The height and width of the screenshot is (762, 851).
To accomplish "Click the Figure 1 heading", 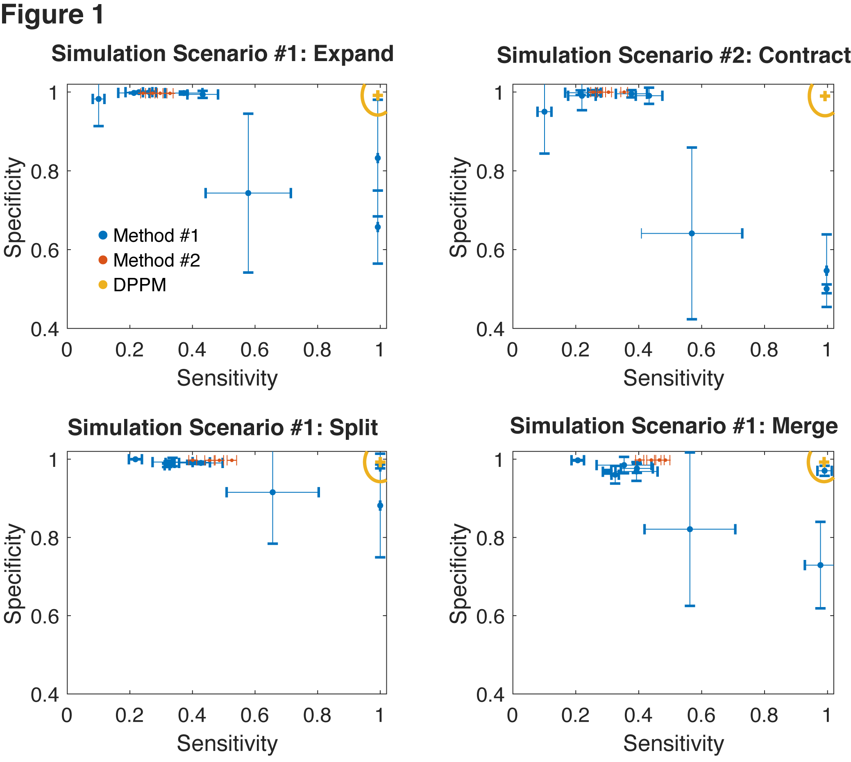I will click(52, 15).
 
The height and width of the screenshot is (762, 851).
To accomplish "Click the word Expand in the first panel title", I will click(353, 54).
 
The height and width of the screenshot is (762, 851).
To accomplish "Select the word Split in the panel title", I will click(353, 428).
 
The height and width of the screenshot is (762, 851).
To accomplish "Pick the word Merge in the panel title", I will click(805, 426).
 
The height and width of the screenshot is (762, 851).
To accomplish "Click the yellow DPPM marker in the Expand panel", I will click(378, 96).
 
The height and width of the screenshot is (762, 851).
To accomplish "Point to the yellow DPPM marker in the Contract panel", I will click(825, 96).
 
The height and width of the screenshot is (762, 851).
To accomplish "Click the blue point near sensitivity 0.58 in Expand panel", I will click(248, 193).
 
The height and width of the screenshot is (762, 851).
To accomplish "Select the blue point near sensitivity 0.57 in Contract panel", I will click(692, 233).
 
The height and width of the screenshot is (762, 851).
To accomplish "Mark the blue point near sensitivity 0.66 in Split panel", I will click(272, 492).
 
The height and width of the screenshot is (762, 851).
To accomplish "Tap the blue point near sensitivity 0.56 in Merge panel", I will click(690, 529).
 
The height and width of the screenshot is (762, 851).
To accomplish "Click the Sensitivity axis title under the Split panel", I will click(227, 744).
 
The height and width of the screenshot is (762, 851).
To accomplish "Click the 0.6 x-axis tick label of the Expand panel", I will click(254, 350).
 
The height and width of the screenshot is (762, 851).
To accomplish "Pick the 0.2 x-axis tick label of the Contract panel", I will click(575, 350).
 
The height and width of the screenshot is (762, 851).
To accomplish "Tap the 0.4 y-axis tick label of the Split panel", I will click(44, 696).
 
